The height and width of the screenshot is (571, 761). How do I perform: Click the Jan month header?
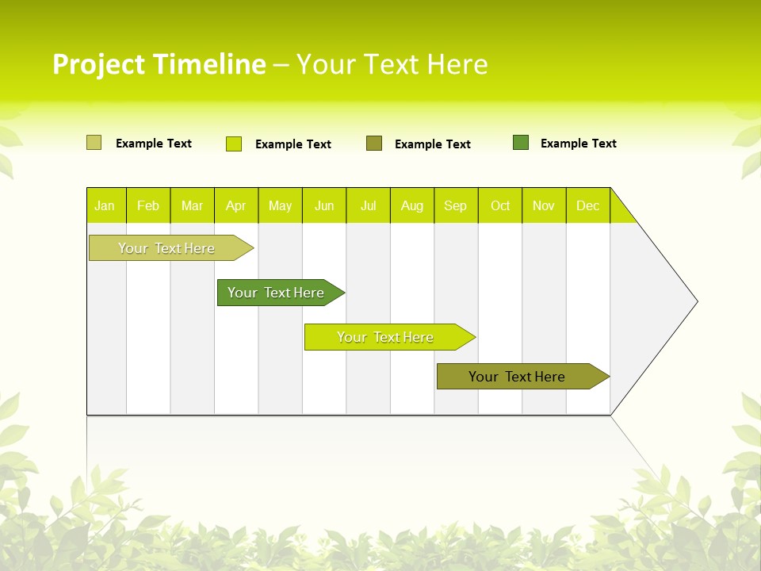coord(105,205)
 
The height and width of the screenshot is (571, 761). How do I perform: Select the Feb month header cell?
coord(148,205)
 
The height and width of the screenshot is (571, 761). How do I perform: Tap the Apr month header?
coord(236,205)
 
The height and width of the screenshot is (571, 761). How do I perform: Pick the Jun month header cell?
coord(324,205)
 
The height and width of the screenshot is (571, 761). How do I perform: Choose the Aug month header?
coord(412,205)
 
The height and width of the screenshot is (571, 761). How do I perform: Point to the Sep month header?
coord(456,205)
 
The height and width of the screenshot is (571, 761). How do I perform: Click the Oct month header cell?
coord(500,205)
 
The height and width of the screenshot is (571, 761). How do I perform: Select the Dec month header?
coord(588,205)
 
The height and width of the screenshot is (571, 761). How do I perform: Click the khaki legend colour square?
coord(94,143)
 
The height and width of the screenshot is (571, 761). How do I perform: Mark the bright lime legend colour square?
coord(234,144)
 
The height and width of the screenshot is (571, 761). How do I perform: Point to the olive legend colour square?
coord(374,143)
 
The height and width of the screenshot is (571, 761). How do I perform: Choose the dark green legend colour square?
coord(521,143)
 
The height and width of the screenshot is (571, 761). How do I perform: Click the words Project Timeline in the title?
coord(159,64)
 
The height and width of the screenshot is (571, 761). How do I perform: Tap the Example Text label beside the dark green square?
coord(578,144)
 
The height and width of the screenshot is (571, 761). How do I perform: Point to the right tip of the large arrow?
coord(695,301)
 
